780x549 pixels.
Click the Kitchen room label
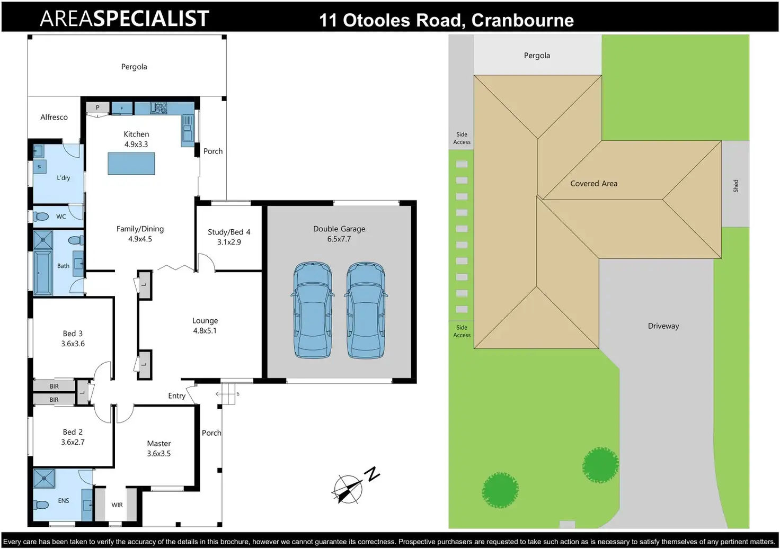tap(136, 134)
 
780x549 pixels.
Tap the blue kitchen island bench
tap(131, 164)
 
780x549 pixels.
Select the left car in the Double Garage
tap(312, 310)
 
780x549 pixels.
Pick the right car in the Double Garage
tap(366, 310)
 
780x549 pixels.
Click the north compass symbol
tap(352, 486)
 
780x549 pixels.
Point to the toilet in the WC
tap(41, 217)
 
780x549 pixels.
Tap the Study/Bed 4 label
tap(229, 232)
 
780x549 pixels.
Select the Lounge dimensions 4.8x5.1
tap(205, 330)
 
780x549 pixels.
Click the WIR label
tap(117, 505)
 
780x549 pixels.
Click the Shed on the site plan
tap(735, 184)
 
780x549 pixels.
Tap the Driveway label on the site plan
tap(663, 326)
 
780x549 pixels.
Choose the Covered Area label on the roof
tap(593, 183)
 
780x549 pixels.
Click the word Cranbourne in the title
tap(522, 20)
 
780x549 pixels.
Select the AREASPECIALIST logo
tap(125, 19)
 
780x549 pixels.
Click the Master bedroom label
tap(159, 444)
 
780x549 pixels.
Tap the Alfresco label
tap(54, 117)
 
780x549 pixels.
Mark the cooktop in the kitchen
tap(158, 107)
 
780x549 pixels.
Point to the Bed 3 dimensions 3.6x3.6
tap(73, 344)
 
